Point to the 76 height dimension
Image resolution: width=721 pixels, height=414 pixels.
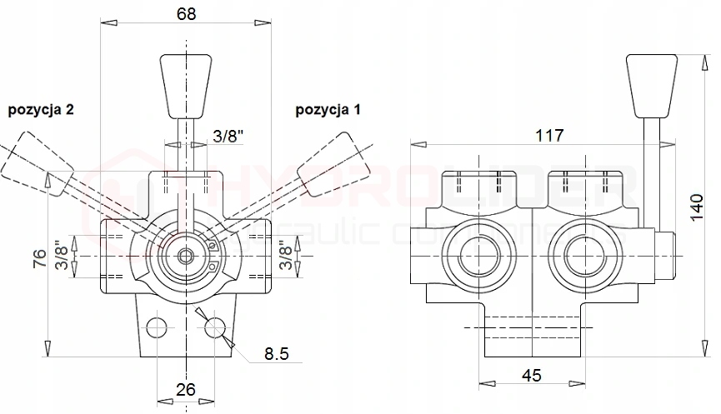pos(38,258)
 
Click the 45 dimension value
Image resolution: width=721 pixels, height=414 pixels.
pos(531,376)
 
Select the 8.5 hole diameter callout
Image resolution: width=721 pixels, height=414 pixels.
pos(276,355)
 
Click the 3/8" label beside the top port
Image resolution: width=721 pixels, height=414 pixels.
pos(229,137)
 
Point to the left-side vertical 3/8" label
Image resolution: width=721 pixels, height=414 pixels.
pos(59,256)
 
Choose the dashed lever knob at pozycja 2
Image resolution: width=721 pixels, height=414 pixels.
pos(37,167)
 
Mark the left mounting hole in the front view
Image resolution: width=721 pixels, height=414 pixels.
pos(157,324)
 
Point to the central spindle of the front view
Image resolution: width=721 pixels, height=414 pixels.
pos(186,255)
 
